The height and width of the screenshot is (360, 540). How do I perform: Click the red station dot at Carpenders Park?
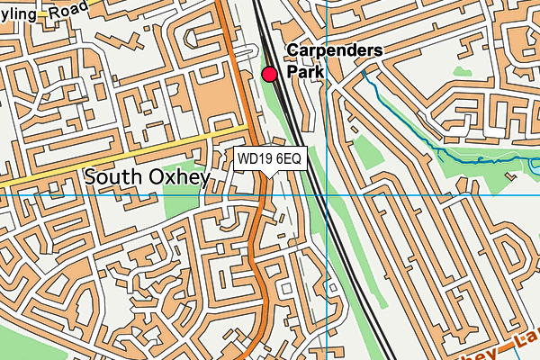coord(269,74)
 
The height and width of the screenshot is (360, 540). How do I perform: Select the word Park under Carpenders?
coord(304,69)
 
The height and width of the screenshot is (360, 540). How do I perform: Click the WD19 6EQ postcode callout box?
coord(270,159)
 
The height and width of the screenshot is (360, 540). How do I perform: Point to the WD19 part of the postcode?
coord(256,159)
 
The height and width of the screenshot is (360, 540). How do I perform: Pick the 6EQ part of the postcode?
coord(290,159)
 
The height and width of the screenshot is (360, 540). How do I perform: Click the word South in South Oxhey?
coord(114,177)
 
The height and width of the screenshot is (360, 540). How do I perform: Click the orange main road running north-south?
coord(257,261)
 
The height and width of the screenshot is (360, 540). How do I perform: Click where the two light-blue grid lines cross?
coord(327,193)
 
